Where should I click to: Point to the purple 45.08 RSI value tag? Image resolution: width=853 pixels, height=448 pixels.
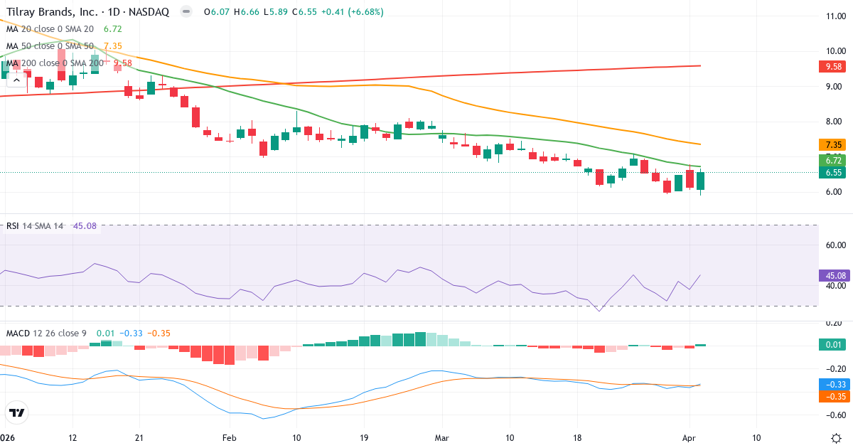[835, 275]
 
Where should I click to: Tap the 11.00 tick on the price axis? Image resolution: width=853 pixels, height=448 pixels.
[831, 16]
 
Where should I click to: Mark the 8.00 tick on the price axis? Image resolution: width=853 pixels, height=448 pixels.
[831, 122]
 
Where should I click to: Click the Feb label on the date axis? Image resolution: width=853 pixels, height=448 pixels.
[229, 437]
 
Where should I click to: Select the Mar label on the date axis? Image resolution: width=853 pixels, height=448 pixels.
[441, 437]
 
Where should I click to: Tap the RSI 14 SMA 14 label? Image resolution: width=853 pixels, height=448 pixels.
[35, 226]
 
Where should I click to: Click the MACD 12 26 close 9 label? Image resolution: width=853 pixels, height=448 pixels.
[47, 333]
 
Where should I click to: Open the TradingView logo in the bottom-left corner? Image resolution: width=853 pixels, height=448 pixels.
[17, 412]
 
